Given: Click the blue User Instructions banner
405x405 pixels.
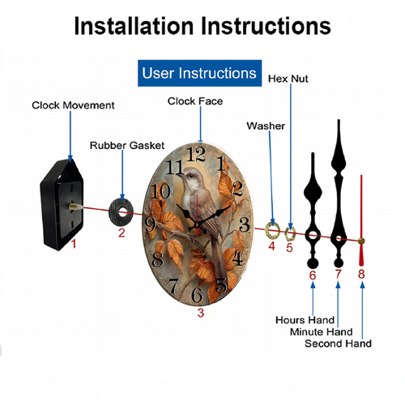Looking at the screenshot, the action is [199, 73].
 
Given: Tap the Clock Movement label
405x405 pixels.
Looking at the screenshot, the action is [73, 105].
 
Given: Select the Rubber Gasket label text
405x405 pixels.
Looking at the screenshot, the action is [127, 146].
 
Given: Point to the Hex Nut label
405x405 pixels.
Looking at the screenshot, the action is [288, 79].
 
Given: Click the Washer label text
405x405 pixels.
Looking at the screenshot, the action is [266, 126].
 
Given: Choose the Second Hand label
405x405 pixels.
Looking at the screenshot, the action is [338, 343].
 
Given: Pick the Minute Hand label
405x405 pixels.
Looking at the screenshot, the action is [322, 332].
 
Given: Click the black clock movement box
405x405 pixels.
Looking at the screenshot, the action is [62, 204].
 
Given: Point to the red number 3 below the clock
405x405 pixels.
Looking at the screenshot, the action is [201, 313].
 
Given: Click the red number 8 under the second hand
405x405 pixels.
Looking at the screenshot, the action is [361, 274].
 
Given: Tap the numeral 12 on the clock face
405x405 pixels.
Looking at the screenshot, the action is [196, 154].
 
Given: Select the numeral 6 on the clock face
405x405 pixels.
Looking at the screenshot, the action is [197, 294].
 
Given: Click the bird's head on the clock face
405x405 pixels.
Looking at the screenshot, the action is [189, 176].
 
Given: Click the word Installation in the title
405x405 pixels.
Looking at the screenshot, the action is [134, 26].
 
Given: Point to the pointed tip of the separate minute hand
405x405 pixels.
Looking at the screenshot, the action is [339, 120].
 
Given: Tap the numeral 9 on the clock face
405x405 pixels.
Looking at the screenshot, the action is [150, 225].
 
